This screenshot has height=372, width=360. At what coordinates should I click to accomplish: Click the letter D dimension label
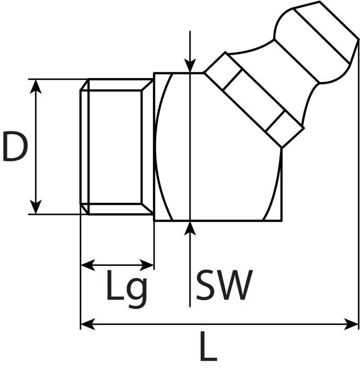(15, 147)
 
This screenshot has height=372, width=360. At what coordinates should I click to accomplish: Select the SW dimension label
(224, 285)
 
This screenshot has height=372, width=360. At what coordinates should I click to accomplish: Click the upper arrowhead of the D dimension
(36, 86)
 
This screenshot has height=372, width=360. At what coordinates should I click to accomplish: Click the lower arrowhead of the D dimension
(36, 207)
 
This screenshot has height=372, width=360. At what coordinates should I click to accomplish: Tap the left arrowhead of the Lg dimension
(88, 265)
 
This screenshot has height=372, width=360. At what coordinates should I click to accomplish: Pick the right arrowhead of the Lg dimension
(147, 265)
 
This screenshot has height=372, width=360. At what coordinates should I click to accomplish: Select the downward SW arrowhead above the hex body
(190, 65)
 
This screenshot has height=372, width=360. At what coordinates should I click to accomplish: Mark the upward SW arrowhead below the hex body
(190, 228)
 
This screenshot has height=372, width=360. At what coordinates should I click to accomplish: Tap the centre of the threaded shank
(116, 146)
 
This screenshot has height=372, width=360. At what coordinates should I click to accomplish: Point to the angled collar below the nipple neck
(254, 100)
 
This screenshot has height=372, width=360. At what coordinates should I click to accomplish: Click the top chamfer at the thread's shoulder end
(147, 85)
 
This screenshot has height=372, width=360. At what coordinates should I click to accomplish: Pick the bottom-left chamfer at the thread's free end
(85, 209)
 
